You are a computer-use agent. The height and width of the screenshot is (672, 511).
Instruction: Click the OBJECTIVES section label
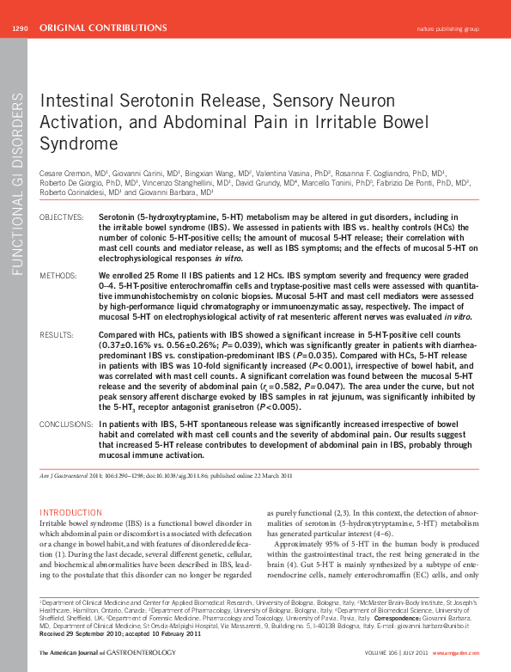62,217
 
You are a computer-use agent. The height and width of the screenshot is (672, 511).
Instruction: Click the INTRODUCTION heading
71,512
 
